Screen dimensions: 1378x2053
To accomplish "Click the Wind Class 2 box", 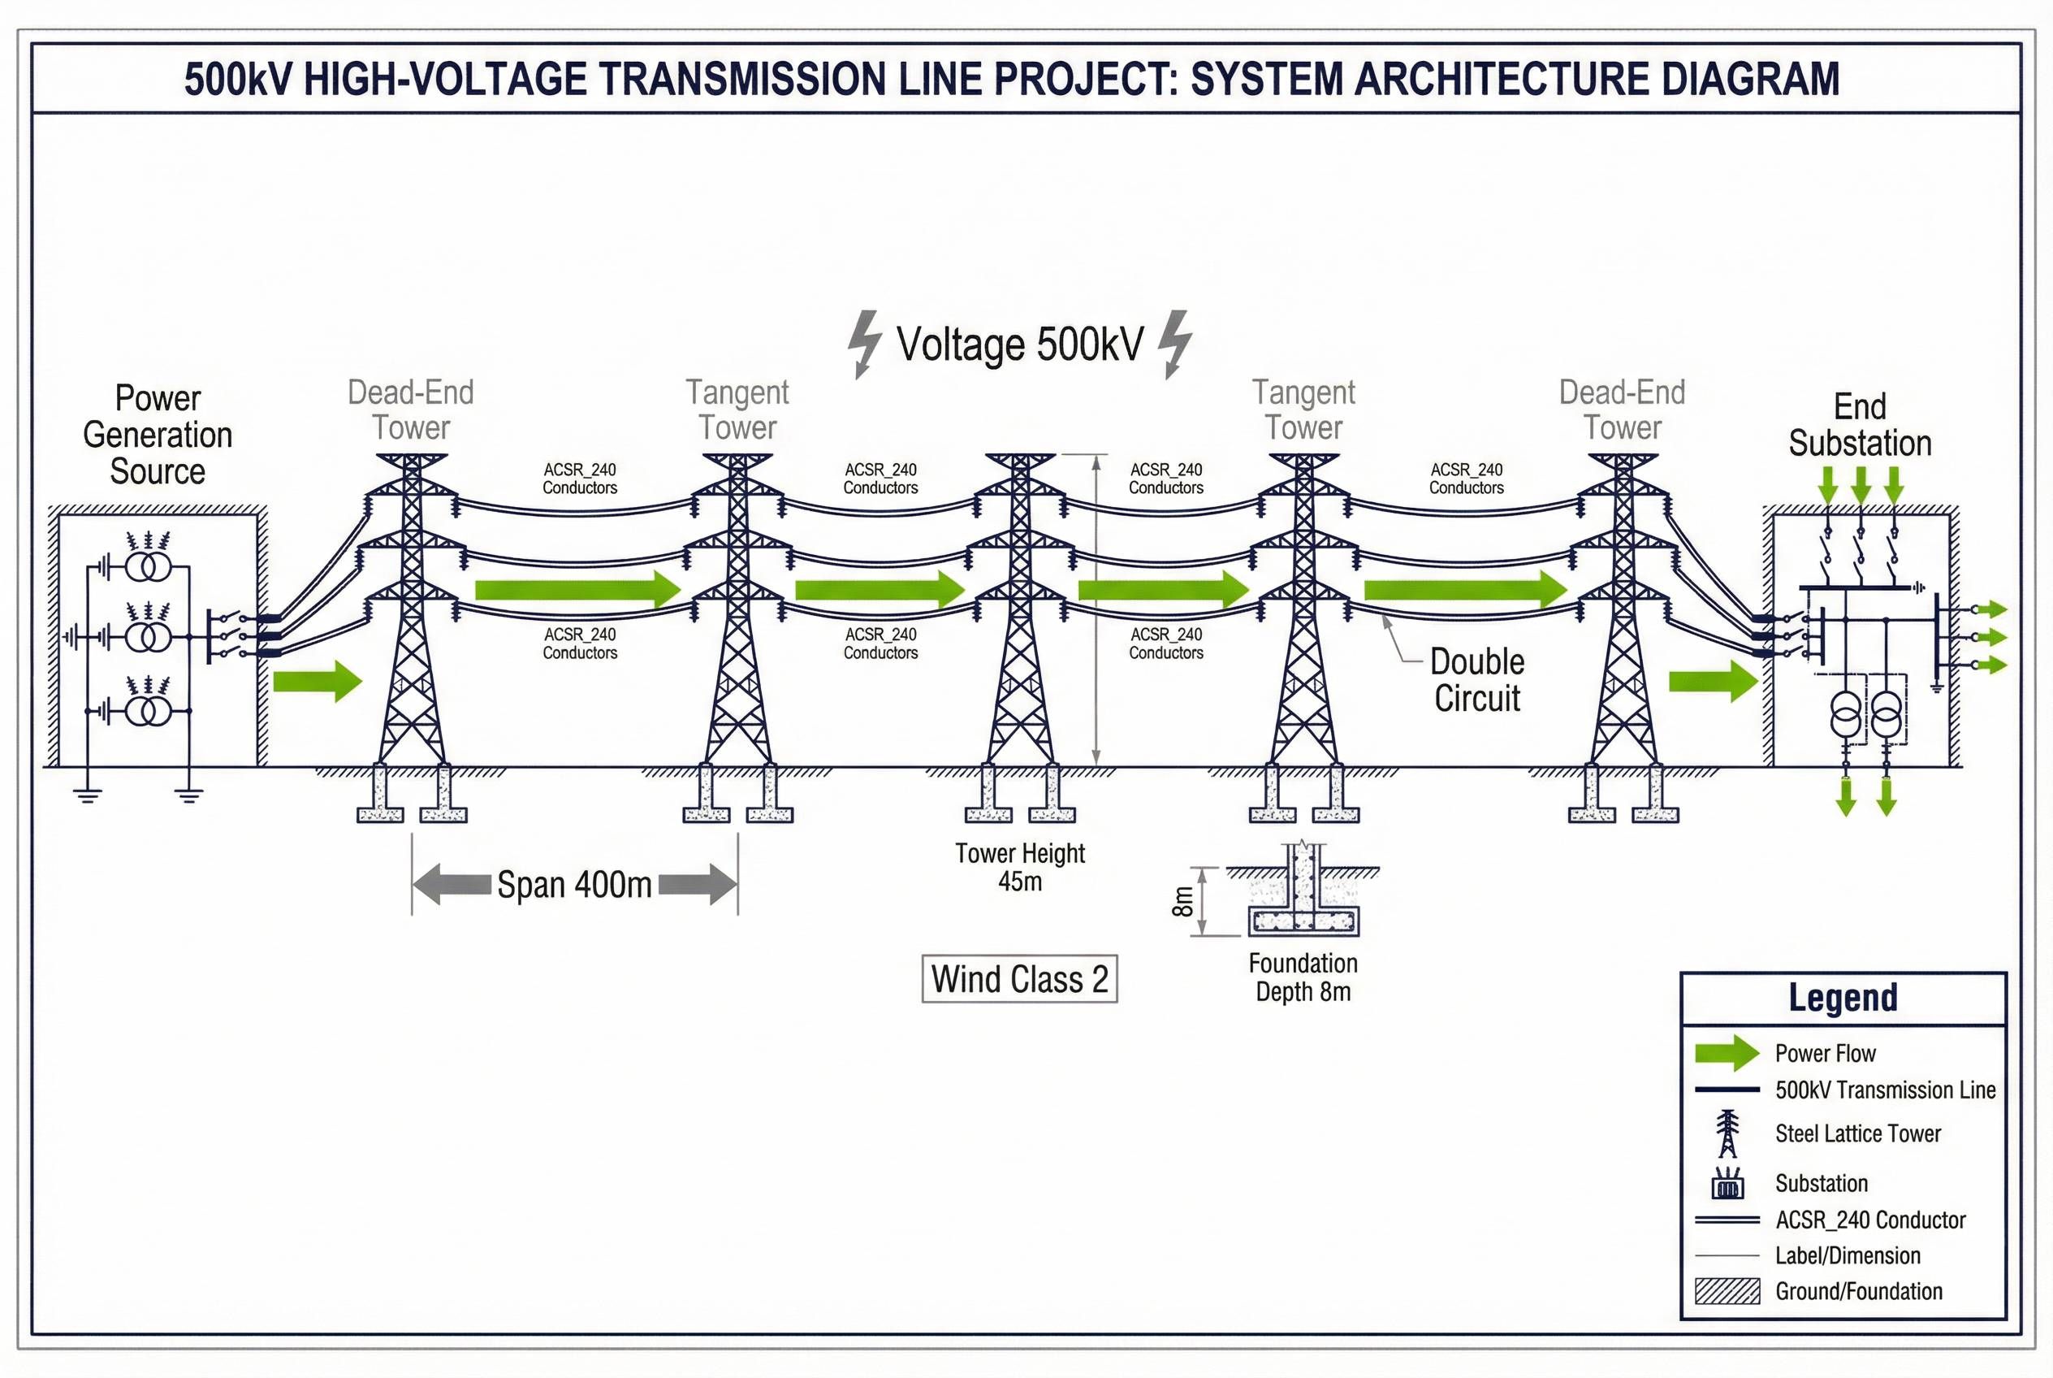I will tap(1019, 979).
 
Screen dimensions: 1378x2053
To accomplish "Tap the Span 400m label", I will tap(574, 884).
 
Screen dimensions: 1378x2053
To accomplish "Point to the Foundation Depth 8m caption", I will tap(1303, 977).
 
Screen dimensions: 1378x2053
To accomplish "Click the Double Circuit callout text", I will tap(1476, 679).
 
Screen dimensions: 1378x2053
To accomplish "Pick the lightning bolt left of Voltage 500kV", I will tap(864, 343).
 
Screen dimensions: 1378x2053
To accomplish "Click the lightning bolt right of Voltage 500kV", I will tap(1174, 343).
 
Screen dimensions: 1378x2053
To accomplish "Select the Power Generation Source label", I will tap(158, 435).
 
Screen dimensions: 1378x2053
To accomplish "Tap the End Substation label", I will tap(1860, 426).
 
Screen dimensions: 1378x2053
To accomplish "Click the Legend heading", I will tap(1843, 998).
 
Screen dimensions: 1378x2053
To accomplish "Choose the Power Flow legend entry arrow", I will tap(1727, 1053).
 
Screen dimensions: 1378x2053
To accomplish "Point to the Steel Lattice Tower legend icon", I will tap(1727, 1133).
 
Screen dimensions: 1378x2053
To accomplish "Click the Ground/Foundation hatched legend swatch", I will tap(1727, 1291).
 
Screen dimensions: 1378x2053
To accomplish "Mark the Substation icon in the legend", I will tap(1727, 1184).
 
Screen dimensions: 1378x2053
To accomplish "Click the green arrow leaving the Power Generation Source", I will tap(318, 681).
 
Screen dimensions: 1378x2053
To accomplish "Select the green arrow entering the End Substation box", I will tap(1713, 681).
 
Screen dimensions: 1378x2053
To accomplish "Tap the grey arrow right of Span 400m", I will tap(698, 884).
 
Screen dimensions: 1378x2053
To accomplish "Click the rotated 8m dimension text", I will tap(1183, 902).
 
